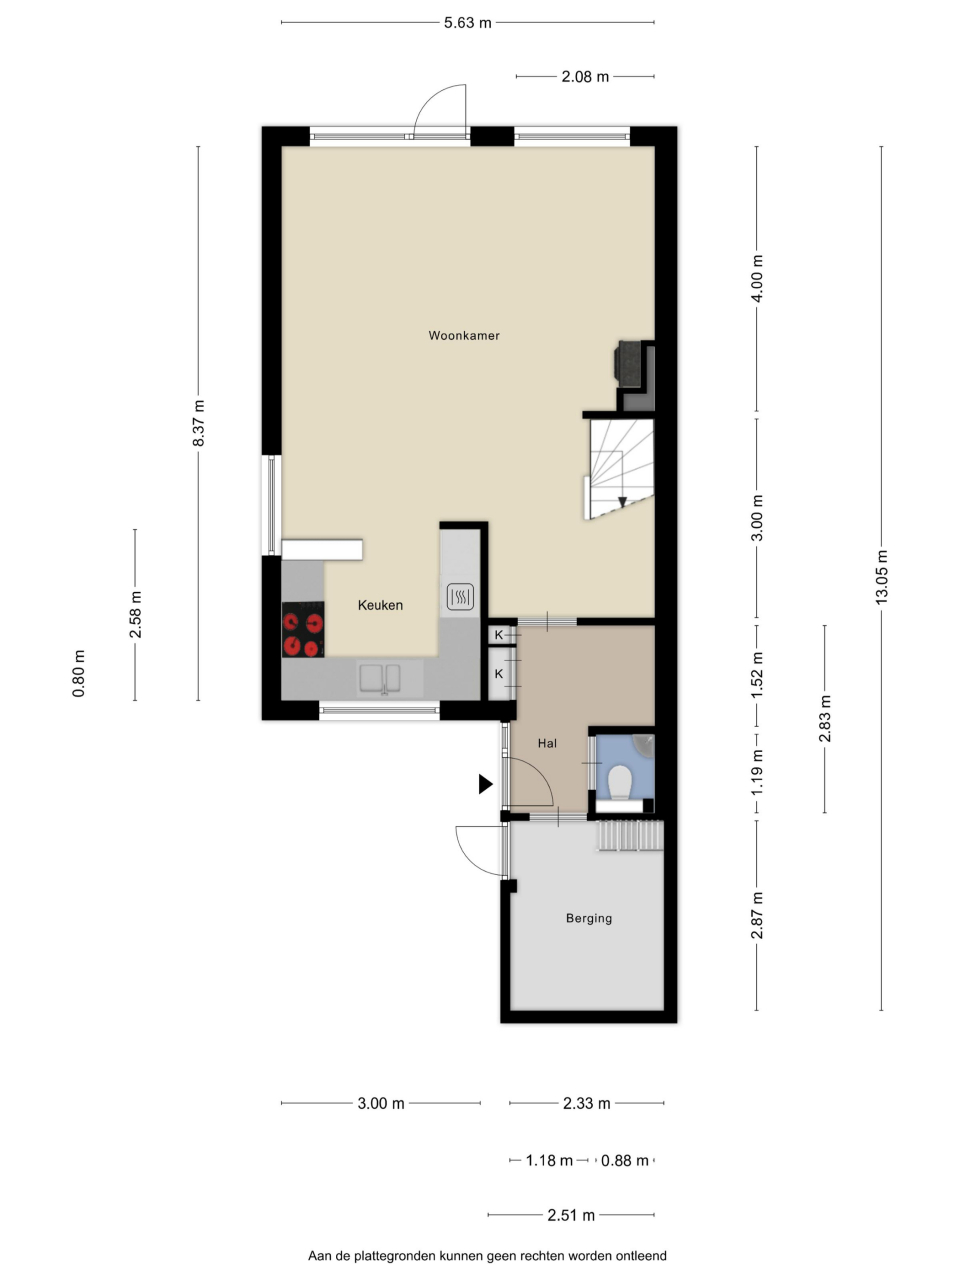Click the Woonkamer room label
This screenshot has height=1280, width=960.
(464, 335)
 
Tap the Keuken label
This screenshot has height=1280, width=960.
(380, 605)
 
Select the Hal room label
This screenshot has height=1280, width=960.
(547, 743)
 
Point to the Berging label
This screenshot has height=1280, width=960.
(589, 918)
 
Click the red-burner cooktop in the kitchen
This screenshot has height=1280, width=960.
(303, 629)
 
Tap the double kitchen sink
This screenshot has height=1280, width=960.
(380, 678)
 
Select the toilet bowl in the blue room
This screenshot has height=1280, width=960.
(620, 780)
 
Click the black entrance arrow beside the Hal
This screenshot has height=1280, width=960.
(486, 784)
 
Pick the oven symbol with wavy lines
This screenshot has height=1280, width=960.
(460, 597)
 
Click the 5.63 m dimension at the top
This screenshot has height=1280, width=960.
(467, 23)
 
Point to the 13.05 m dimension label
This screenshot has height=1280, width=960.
(881, 577)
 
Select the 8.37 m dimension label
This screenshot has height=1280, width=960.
(199, 423)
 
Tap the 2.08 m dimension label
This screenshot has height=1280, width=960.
(585, 77)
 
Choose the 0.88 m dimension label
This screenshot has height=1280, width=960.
(625, 1160)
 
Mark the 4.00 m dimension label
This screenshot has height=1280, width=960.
(757, 278)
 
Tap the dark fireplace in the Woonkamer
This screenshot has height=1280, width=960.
(629, 363)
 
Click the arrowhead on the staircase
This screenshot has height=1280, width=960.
(623, 502)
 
